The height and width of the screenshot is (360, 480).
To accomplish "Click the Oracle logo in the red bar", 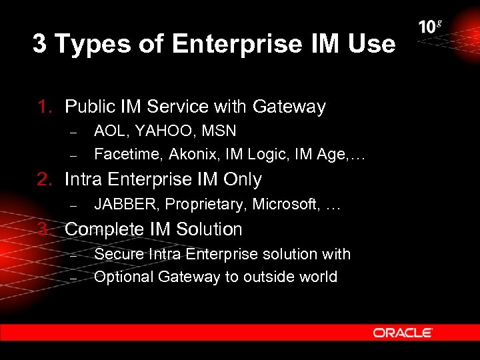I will [403, 333].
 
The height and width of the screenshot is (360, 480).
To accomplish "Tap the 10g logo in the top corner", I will [430, 27].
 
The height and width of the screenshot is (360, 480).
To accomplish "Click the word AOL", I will [109, 131].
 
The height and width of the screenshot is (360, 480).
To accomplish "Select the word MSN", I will [219, 131].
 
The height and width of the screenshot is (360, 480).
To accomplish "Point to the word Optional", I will [123, 277].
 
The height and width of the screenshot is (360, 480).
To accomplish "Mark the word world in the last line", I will [317, 277].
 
